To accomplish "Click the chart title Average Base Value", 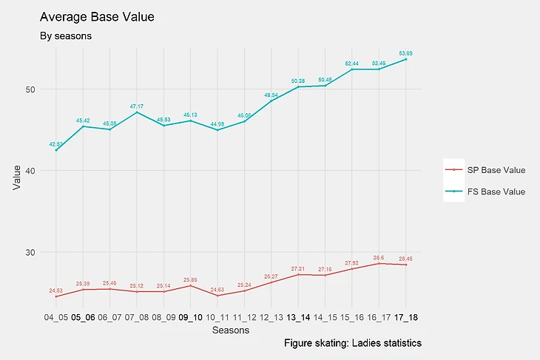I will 96,16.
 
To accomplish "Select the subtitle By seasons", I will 64,35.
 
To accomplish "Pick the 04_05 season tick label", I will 55,317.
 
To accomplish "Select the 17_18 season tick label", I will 406,317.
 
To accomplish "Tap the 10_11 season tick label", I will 217,317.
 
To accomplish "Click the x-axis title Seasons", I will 230,331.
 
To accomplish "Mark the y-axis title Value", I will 16,178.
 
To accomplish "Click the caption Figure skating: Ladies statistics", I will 352,344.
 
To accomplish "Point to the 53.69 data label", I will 406,53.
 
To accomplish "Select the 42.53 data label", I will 56,144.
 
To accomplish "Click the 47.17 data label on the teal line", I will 137,106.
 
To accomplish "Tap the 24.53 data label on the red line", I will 56,291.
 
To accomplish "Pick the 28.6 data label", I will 379,257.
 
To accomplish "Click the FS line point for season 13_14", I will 298,87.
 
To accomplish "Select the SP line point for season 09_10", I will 190,285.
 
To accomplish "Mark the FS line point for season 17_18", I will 406,59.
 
